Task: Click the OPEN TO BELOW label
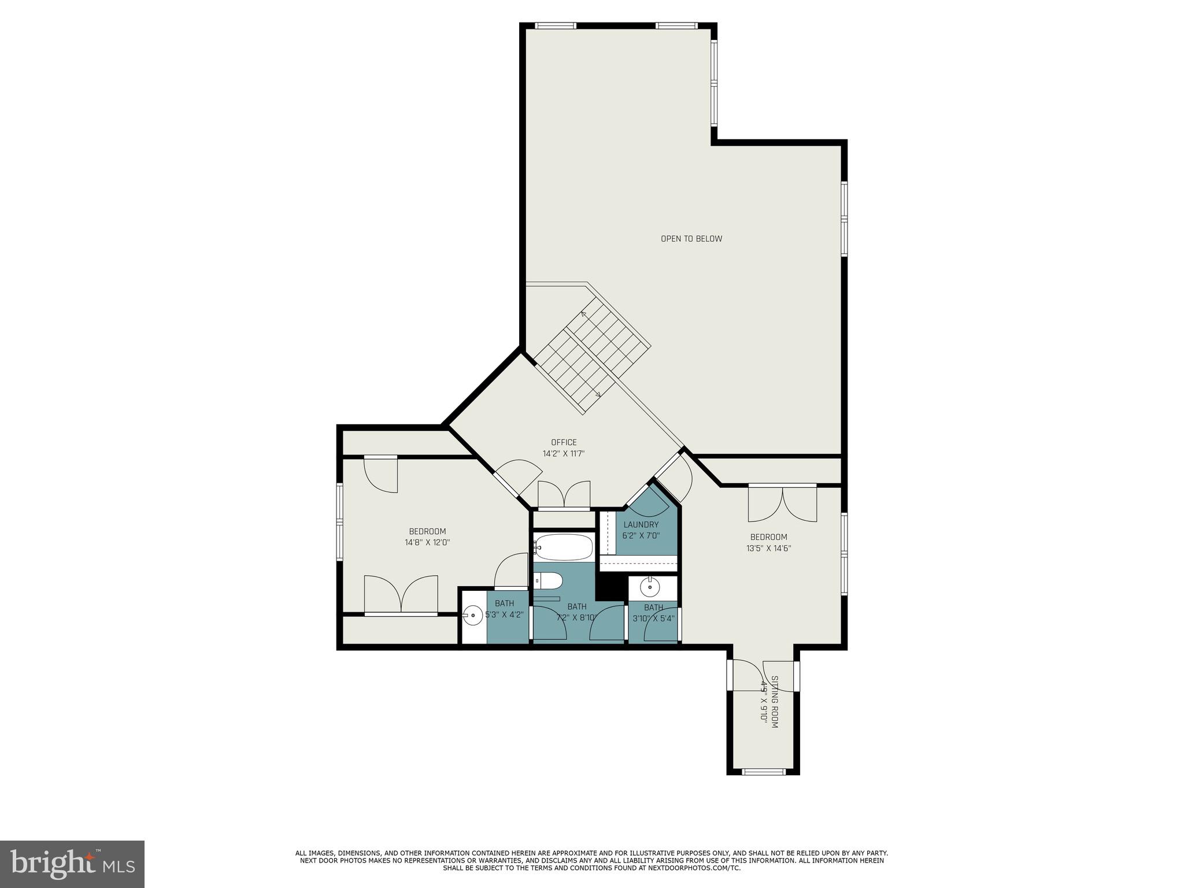[691, 239]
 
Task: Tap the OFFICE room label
[564, 443]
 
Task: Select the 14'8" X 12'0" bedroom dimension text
[427, 543]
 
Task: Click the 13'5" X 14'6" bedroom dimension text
[768, 548]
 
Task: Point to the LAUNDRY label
[641, 525]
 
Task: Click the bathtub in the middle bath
[564, 546]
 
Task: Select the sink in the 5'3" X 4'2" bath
[473, 615]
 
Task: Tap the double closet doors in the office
[564, 496]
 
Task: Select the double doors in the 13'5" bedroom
[782, 504]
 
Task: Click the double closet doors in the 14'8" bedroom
[401, 594]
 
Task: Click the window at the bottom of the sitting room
[763, 771]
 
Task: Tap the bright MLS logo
[72, 864]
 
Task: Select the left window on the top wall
[556, 25]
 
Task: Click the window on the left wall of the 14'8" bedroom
[340, 521]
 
